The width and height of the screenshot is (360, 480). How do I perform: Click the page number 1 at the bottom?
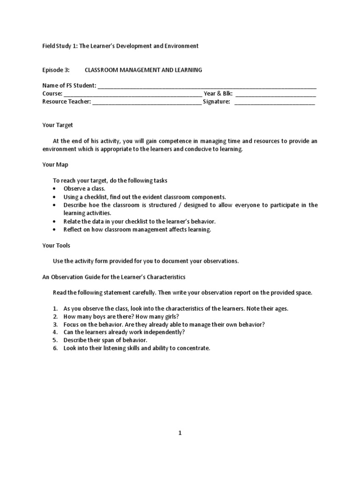[x=180, y=433]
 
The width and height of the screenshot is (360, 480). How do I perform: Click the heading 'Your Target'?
[x=58, y=125]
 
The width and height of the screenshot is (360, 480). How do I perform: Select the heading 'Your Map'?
[x=55, y=165]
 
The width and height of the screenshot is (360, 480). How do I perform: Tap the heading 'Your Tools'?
[x=56, y=245]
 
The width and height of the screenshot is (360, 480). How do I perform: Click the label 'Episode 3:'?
[x=56, y=70]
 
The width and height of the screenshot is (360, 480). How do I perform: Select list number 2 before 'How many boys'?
[x=55, y=316]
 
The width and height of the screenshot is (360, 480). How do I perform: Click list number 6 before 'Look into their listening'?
[x=55, y=348]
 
